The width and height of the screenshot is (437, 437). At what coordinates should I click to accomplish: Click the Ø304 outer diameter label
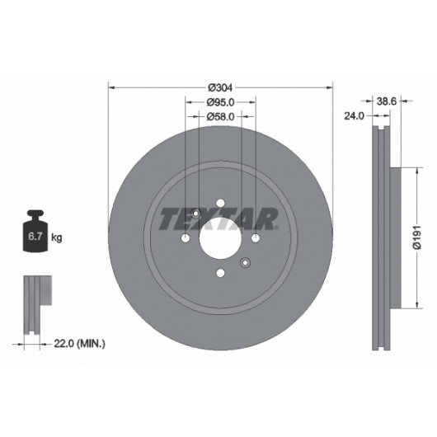[220, 87]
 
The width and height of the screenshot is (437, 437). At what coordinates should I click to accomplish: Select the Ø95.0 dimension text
[220, 102]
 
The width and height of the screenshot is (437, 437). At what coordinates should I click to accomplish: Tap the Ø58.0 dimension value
[220, 117]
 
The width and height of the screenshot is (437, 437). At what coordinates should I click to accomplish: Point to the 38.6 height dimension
[387, 101]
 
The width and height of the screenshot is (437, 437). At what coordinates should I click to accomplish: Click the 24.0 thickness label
[355, 116]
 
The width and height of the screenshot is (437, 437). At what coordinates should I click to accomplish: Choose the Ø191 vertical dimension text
[417, 237]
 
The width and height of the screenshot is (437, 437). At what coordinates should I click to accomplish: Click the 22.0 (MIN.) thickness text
[79, 344]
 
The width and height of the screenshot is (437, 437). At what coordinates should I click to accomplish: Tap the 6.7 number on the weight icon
[35, 237]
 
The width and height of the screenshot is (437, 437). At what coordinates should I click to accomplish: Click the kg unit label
[57, 237]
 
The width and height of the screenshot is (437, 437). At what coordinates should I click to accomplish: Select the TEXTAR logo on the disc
[218, 218]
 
